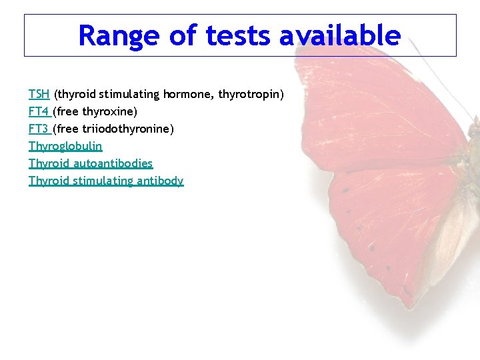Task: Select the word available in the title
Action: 340,36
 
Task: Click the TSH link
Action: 39,95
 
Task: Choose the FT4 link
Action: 39,111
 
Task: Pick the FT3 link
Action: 39,129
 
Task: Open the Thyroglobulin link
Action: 65,146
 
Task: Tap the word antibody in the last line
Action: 160,181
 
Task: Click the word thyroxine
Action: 109,111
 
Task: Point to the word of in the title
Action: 183,36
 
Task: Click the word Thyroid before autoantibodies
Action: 49,163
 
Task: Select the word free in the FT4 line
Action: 67,111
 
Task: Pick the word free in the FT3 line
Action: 67,129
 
